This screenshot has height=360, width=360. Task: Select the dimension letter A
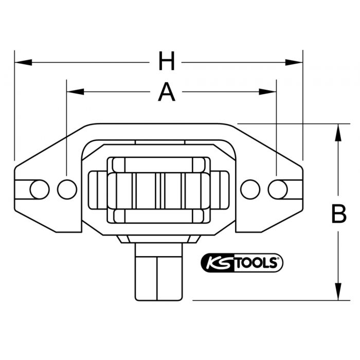(x=166, y=93)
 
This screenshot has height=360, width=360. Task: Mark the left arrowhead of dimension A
(x=75, y=92)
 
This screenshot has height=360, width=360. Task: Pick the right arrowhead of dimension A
(x=268, y=92)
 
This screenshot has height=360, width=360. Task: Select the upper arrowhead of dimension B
(x=338, y=132)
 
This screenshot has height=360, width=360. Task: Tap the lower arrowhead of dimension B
(x=338, y=292)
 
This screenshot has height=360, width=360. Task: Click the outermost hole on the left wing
(x=40, y=189)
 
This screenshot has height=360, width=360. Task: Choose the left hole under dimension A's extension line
(x=67, y=189)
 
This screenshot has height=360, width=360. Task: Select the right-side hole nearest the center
(x=250, y=189)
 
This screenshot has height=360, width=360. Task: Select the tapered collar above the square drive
(x=158, y=239)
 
